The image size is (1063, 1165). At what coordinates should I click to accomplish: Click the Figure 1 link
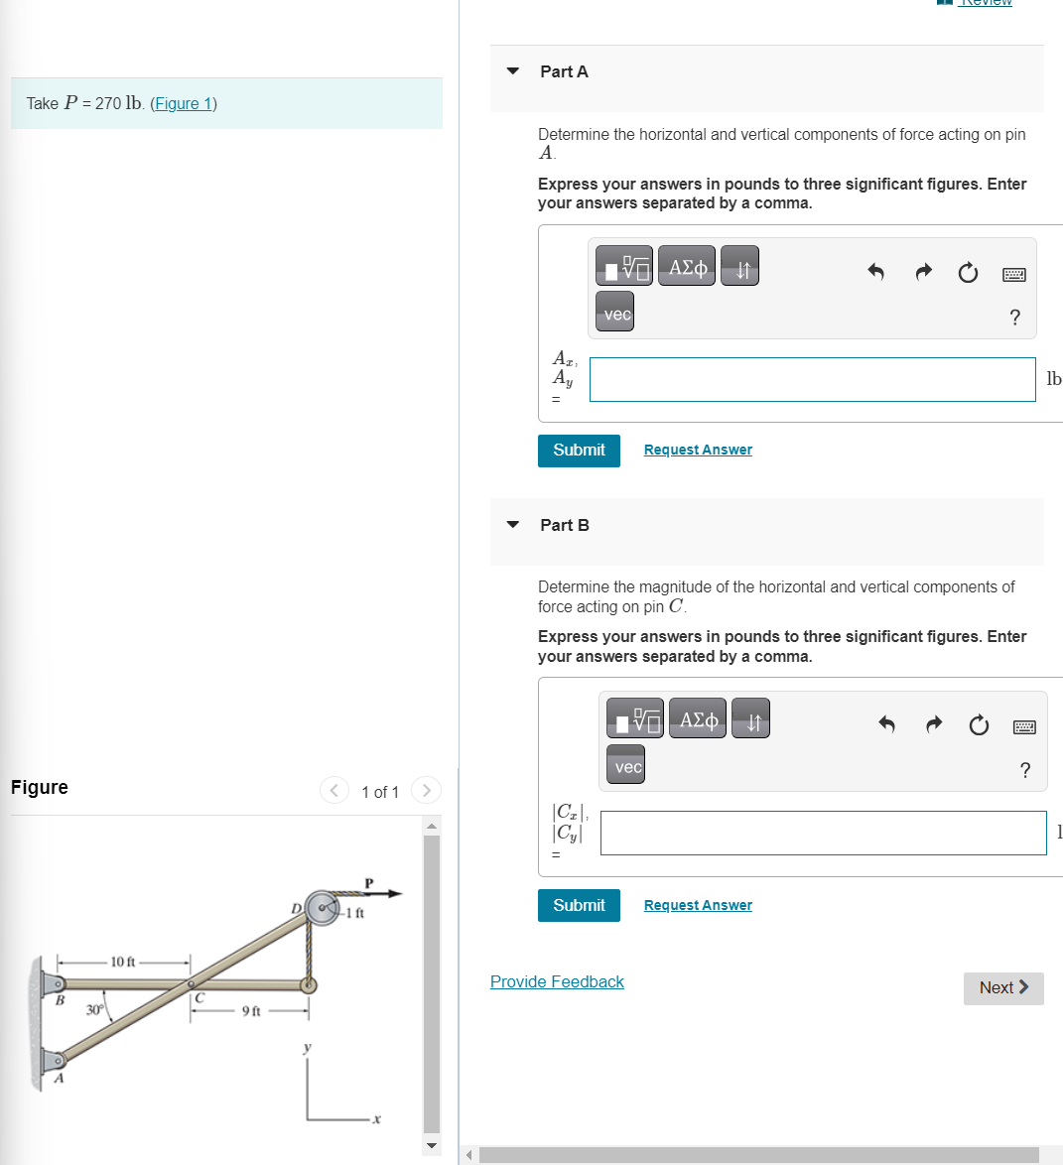(x=184, y=104)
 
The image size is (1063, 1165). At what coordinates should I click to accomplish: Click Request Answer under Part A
(x=698, y=451)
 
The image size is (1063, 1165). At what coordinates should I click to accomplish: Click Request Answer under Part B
(x=698, y=906)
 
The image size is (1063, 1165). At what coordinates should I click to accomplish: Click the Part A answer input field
(x=812, y=380)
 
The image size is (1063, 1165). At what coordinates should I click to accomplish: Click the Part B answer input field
(x=823, y=834)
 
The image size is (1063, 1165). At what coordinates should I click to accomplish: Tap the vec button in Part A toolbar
(x=617, y=314)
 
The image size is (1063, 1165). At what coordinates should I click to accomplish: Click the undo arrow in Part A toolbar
(x=875, y=272)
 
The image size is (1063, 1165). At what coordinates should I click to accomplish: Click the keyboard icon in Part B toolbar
(x=1025, y=727)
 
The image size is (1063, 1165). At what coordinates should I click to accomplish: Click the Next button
(x=1002, y=988)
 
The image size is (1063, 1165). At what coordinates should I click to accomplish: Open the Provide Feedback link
(x=557, y=982)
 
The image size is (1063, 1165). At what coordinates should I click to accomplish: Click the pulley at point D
(x=323, y=908)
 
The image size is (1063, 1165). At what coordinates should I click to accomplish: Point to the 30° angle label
(x=94, y=1010)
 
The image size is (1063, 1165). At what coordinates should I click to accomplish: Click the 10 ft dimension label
(x=123, y=962)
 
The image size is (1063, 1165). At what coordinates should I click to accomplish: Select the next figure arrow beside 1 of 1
(x=426, y=791)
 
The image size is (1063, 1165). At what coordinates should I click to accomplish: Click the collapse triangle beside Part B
(x=513, y=525)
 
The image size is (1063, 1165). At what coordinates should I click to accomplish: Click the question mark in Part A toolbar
(x=1014, y=318)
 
